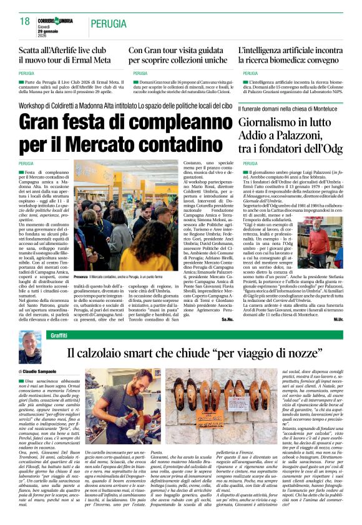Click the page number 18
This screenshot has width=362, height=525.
tap(25, 22)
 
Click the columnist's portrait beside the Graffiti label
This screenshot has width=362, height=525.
tap(29, 346)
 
